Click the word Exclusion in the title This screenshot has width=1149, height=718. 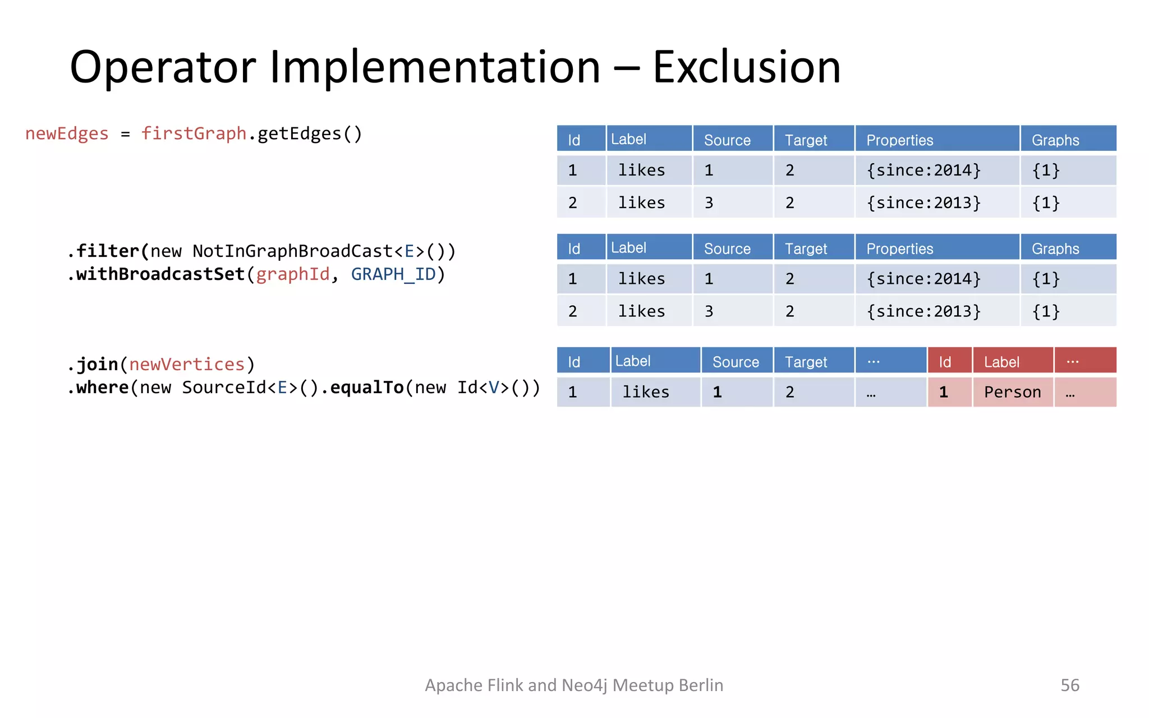coord(746,67)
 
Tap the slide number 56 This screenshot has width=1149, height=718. coord(1069,685)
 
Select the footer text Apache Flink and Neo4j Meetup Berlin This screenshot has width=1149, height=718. coord(573,685)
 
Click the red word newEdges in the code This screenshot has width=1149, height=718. coord(67,134)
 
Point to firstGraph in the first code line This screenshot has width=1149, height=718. coord(194,134)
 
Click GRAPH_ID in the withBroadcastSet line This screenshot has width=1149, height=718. coord(393,274)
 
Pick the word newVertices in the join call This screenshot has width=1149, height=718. coord(187,365)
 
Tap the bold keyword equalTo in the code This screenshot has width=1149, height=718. coord(367,388)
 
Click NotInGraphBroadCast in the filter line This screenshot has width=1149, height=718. coord(292,251)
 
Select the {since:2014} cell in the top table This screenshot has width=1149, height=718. coord(923,171)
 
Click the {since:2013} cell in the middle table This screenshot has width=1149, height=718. coord(923,311)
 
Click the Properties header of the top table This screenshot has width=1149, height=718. coord(899,140)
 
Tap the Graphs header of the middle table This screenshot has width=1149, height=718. coord(1055,248)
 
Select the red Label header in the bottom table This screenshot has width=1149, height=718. coord(1001,362)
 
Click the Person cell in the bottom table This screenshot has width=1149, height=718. coord(1012,392)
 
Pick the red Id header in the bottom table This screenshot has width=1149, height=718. coord(945,362)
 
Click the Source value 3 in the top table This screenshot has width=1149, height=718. coord(709,203)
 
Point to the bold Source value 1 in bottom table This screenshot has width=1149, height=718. coord(717,392)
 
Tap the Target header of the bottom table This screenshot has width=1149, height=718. coord(806,362)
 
